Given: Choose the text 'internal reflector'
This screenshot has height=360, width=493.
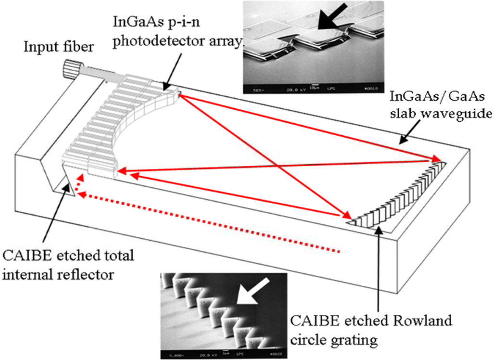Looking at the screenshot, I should click(x=60, y=275).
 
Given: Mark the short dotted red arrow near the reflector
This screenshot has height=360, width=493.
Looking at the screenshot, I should click(x=77, y=184).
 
